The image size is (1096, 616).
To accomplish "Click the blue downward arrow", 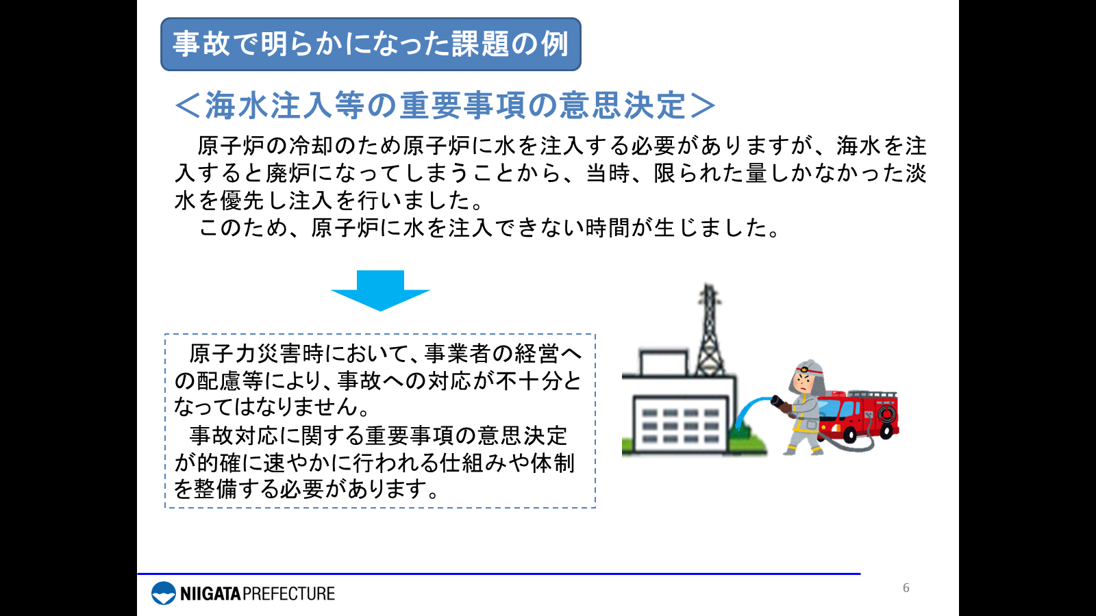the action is (380, 290).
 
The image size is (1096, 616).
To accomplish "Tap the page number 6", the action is (906, 588).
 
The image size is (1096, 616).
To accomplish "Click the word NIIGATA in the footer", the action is (211, 593).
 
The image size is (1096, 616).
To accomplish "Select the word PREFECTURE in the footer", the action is (288, 593).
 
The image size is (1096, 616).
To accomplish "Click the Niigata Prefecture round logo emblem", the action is (164, 593).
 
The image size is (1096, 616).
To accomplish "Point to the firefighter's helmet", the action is (808, 370).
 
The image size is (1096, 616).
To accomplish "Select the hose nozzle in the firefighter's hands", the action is (779, 404).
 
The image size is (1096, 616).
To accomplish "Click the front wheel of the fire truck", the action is (850, 434).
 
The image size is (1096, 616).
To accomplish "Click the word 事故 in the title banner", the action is (201, 44).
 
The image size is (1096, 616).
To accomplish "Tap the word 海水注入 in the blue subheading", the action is (270, 105).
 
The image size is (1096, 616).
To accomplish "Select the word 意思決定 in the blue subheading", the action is (623, 105).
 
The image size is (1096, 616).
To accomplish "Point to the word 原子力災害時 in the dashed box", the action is (257, 353).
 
